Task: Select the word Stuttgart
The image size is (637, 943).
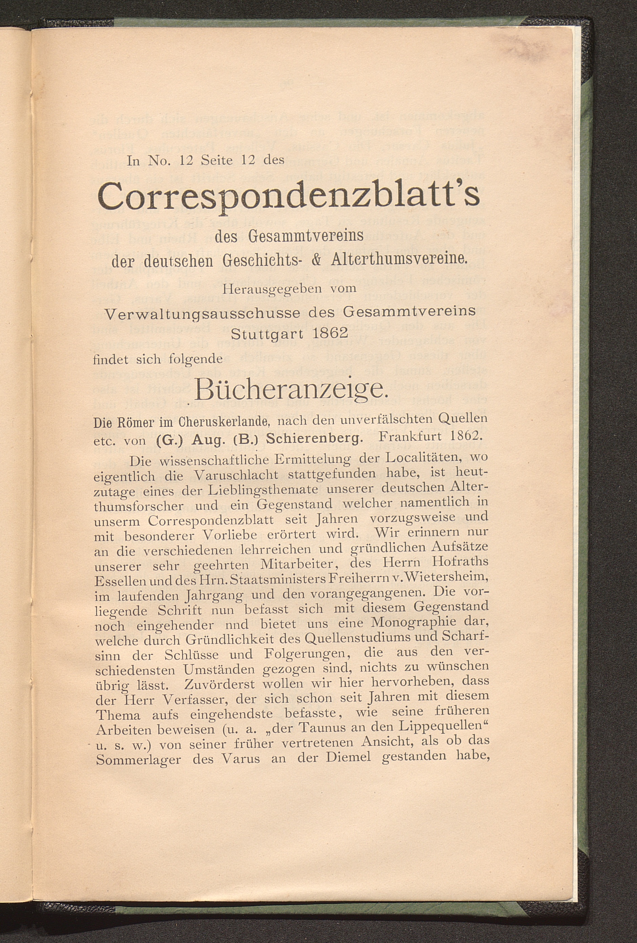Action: tap(268, 333)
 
